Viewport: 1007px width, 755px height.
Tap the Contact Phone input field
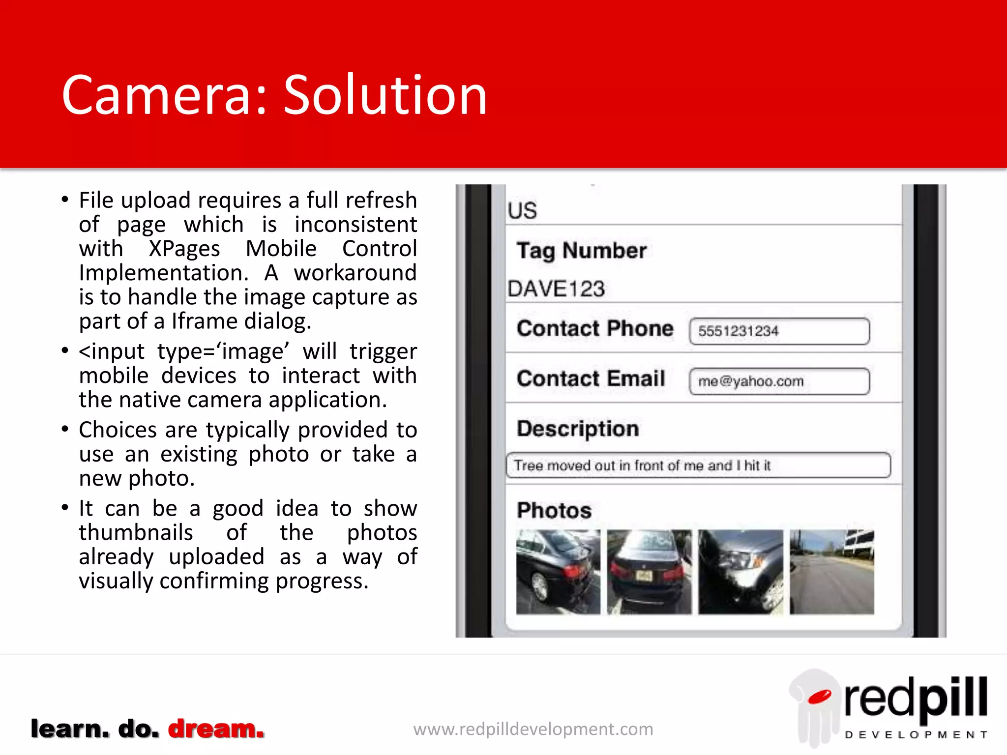pos(779,331)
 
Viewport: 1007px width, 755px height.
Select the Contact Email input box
pos(779,381)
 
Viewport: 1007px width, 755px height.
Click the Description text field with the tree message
pos(698,465)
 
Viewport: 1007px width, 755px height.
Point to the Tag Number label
pos(581,251)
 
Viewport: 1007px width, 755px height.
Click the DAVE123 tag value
pos(556,289)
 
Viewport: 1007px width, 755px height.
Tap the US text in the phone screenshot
pos(522,211)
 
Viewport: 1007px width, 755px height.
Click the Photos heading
pos(554,510)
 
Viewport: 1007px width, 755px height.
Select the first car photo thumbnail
pos(558,572)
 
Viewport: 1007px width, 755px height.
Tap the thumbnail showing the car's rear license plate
pos(649,572)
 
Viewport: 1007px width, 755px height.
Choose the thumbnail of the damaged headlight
pos(740,572)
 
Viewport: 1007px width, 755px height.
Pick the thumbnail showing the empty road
pos(832,572)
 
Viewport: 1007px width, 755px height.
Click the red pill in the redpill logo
pos(819,697)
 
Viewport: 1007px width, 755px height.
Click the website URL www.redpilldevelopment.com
pos(533,729)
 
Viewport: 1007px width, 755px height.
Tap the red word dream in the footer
pos(216,728)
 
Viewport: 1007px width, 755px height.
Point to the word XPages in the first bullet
pos(184,249)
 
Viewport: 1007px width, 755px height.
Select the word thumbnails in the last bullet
pos(136,533)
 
